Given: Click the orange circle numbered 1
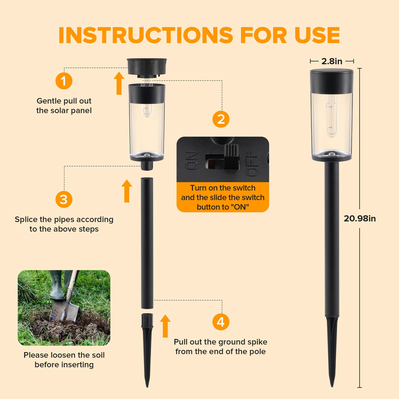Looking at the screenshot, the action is click(x=64, y=81).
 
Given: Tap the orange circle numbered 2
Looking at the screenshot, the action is click(x=221, y=119).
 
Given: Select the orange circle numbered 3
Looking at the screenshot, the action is click(x=64, y=199).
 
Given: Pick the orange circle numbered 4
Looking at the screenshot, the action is click(x=221, y=322).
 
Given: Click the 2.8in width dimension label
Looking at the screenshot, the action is click(x=332, y=61).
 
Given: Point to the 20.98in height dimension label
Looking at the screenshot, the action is click(x=360, y=218).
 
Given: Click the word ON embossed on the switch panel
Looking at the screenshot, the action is click(x=192, y=160).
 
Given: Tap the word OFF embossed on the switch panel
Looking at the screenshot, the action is click(x=252, y=163).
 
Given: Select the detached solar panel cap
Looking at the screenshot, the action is click(x=147, y=68).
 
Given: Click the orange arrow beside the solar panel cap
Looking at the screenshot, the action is click(x=119, y=83).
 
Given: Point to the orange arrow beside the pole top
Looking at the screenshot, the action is click(x=127, y=191).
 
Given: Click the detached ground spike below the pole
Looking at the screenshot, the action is click(x=147, y=350).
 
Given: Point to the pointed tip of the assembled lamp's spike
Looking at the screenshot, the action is click(x=332, y=387).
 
